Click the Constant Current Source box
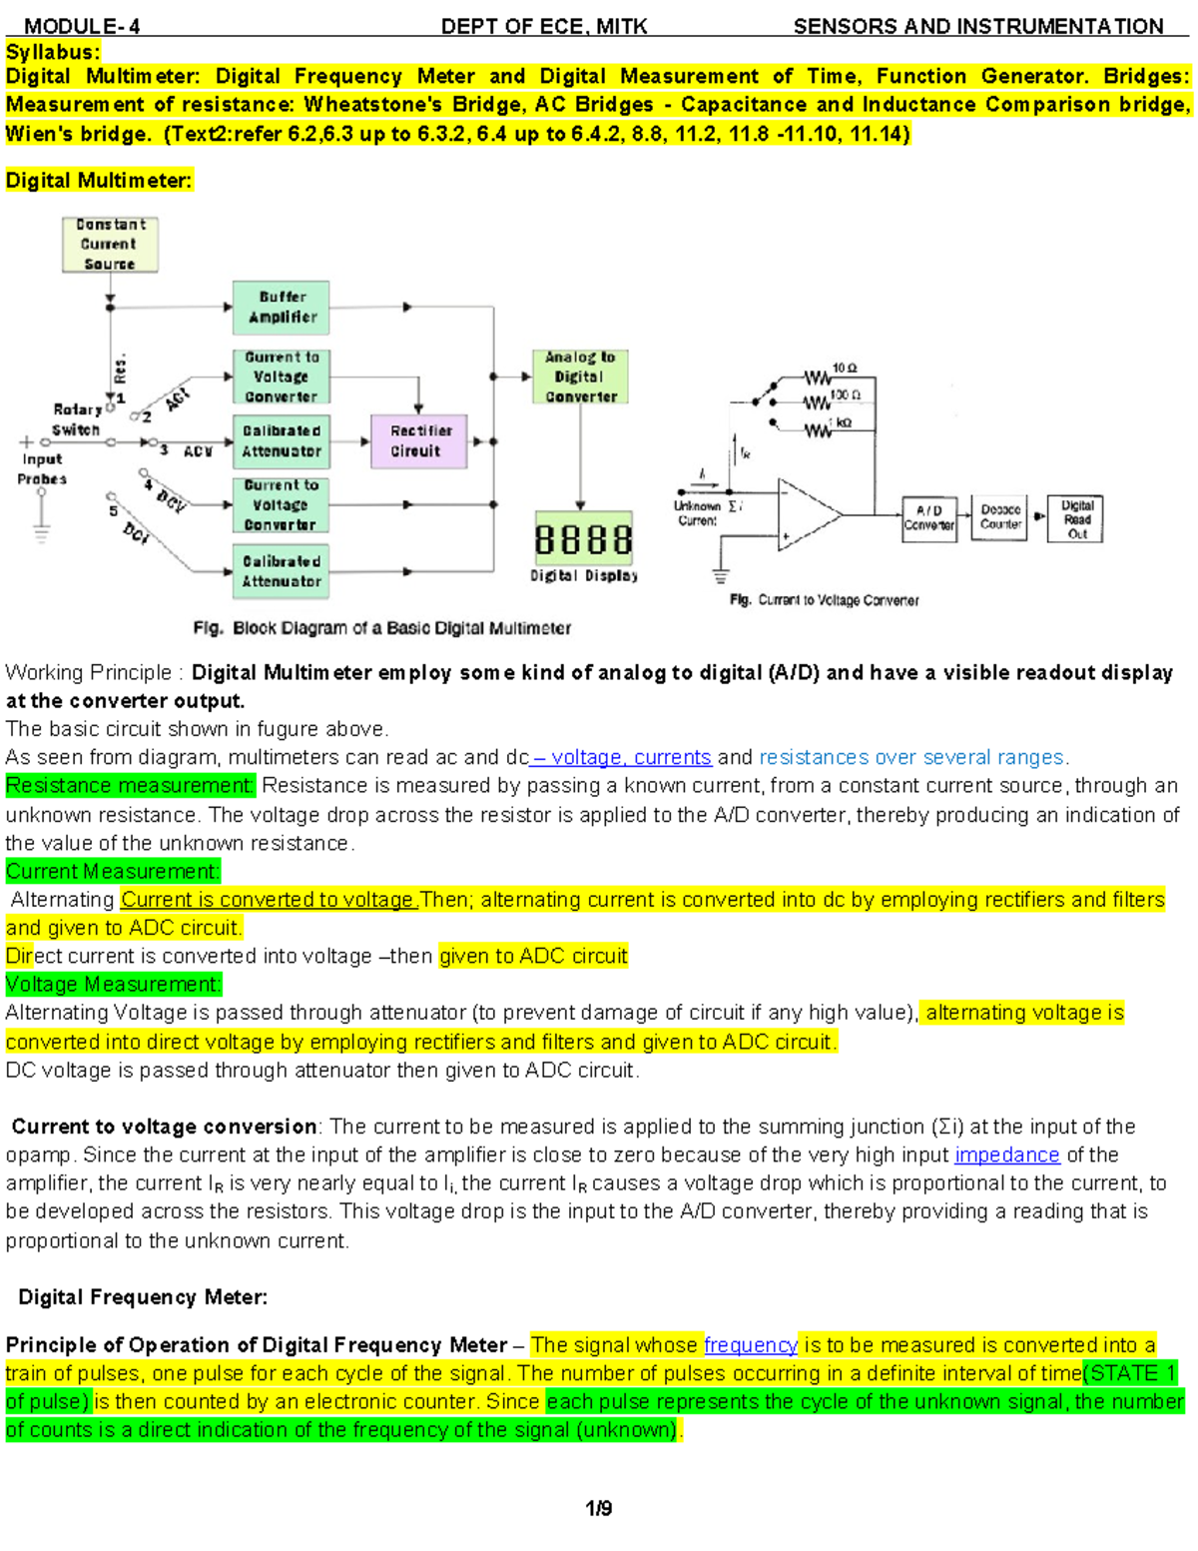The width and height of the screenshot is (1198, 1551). click(110, 245)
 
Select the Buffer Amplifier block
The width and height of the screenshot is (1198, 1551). click(281, 308)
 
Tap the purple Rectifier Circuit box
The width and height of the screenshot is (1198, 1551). click(418, 441)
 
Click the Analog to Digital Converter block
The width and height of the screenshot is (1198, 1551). click(580, 377)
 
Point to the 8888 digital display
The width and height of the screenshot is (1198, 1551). click(583, 540)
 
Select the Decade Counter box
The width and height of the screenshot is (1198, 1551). click(999, 517)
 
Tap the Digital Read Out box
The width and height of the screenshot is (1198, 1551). click(1075, 519)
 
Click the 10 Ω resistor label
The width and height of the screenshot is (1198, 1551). click(845, 368)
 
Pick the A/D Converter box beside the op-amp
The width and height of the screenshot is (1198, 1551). click(928, 518)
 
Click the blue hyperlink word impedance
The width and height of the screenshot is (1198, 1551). click(1006, 1156)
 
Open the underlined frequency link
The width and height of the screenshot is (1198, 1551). click(750, 1345)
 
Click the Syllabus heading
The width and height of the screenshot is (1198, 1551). click(53, 52)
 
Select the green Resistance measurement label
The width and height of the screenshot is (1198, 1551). click(130, 786)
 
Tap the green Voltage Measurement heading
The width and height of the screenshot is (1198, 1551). click(113, 985)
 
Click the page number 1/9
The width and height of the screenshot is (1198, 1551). click(599, 1508)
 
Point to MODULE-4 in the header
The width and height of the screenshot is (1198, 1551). click(82, 26)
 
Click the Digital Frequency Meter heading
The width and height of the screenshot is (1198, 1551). click(143, 1297)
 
